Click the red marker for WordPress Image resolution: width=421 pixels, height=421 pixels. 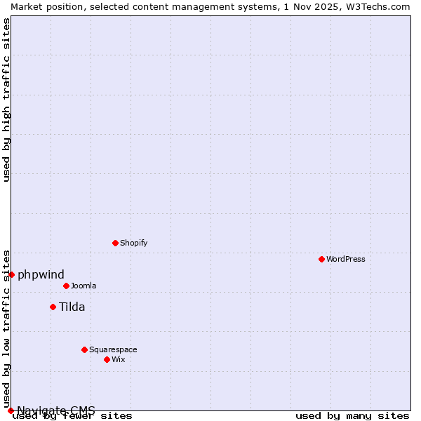coord(321,259)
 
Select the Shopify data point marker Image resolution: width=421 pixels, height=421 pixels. coord(115,243)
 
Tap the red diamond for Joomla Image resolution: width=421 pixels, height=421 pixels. coord(66,286)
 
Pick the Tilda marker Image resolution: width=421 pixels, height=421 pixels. coord(53,307)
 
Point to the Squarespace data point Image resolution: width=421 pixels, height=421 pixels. coord(84,349)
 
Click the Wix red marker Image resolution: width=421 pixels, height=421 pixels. coord(107,359)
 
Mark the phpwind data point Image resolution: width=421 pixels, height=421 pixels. coord(11,274)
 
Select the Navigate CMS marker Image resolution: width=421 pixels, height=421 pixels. coord(11,410)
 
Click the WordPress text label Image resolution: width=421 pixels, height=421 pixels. coord(346,259)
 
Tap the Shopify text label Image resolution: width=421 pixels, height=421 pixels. coord(133,243)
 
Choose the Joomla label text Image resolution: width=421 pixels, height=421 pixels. coord(83,286)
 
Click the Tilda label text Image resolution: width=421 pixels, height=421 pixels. coord(72,307)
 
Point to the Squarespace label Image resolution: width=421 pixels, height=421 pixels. coord(113,349)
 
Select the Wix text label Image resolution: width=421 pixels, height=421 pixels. coord(118,359)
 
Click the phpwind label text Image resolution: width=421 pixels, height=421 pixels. coord(41,274)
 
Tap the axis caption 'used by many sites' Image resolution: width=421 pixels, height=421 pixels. coord(352,416)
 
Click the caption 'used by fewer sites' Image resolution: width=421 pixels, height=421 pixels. coord(72,416)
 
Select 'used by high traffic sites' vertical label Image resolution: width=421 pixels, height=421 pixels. coord(6,100)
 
